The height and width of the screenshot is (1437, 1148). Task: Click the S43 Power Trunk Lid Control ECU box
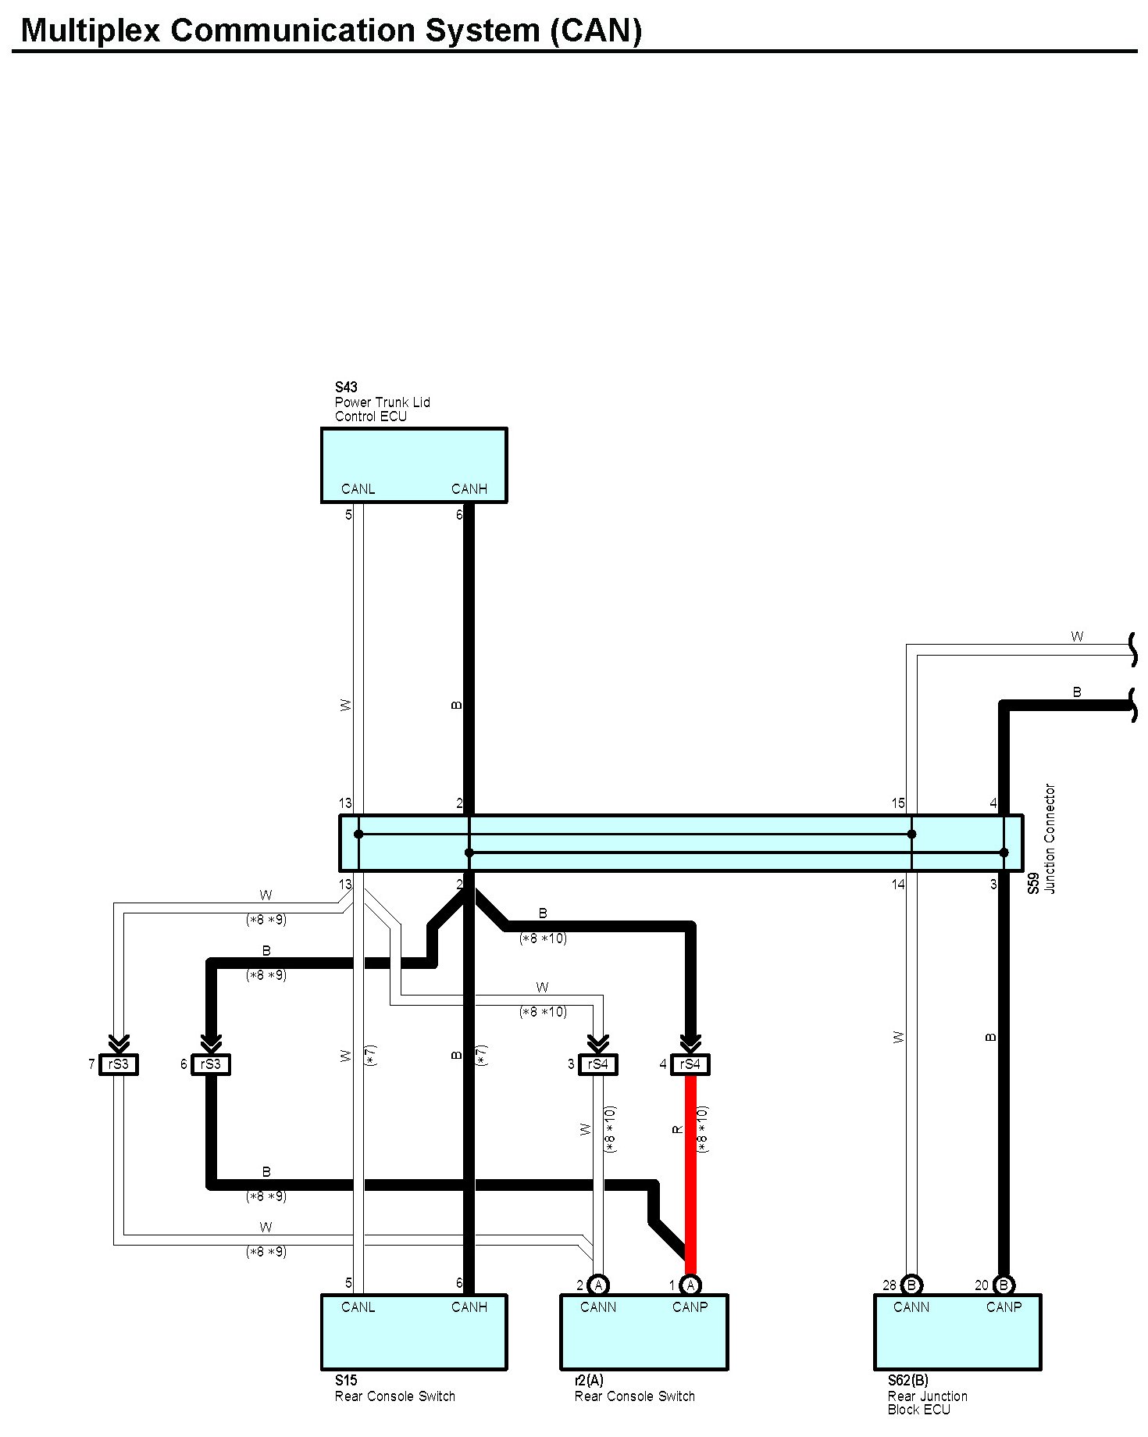tap(413, 464)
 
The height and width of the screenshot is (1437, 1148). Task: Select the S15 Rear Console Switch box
tap(413, 1332)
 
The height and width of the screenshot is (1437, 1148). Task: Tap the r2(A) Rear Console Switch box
tap(644, 1332)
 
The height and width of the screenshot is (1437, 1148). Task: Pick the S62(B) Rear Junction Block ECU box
tap(957, 1332)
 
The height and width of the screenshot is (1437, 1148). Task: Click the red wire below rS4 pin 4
tap(690, 1172)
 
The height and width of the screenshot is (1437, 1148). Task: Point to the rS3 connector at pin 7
tap(119, 1064)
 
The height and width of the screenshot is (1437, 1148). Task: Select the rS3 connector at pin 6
tap(211, 1064)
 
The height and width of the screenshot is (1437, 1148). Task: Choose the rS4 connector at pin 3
tap(598, 1064)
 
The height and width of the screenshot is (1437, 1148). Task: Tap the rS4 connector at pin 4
tap(690, 1064)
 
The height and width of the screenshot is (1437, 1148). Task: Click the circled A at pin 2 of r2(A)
tap(598, 1285)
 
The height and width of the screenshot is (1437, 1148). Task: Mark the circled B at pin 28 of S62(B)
tap(911, 1285)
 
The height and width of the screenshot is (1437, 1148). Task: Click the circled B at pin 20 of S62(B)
tap(1004, 1285)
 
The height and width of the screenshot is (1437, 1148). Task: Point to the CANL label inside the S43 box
tap(358, 489)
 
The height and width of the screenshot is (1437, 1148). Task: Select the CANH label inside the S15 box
tap(469, 1307)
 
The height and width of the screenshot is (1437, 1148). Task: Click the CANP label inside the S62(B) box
tap(1004, 1307)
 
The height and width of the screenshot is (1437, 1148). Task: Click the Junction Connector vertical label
tap(1050, 838)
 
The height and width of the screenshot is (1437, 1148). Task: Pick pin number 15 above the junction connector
tap(898, 803)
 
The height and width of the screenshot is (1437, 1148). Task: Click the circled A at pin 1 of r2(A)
tap(690, 1285)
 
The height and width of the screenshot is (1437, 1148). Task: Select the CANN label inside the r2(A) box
tap(598, 1307)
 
